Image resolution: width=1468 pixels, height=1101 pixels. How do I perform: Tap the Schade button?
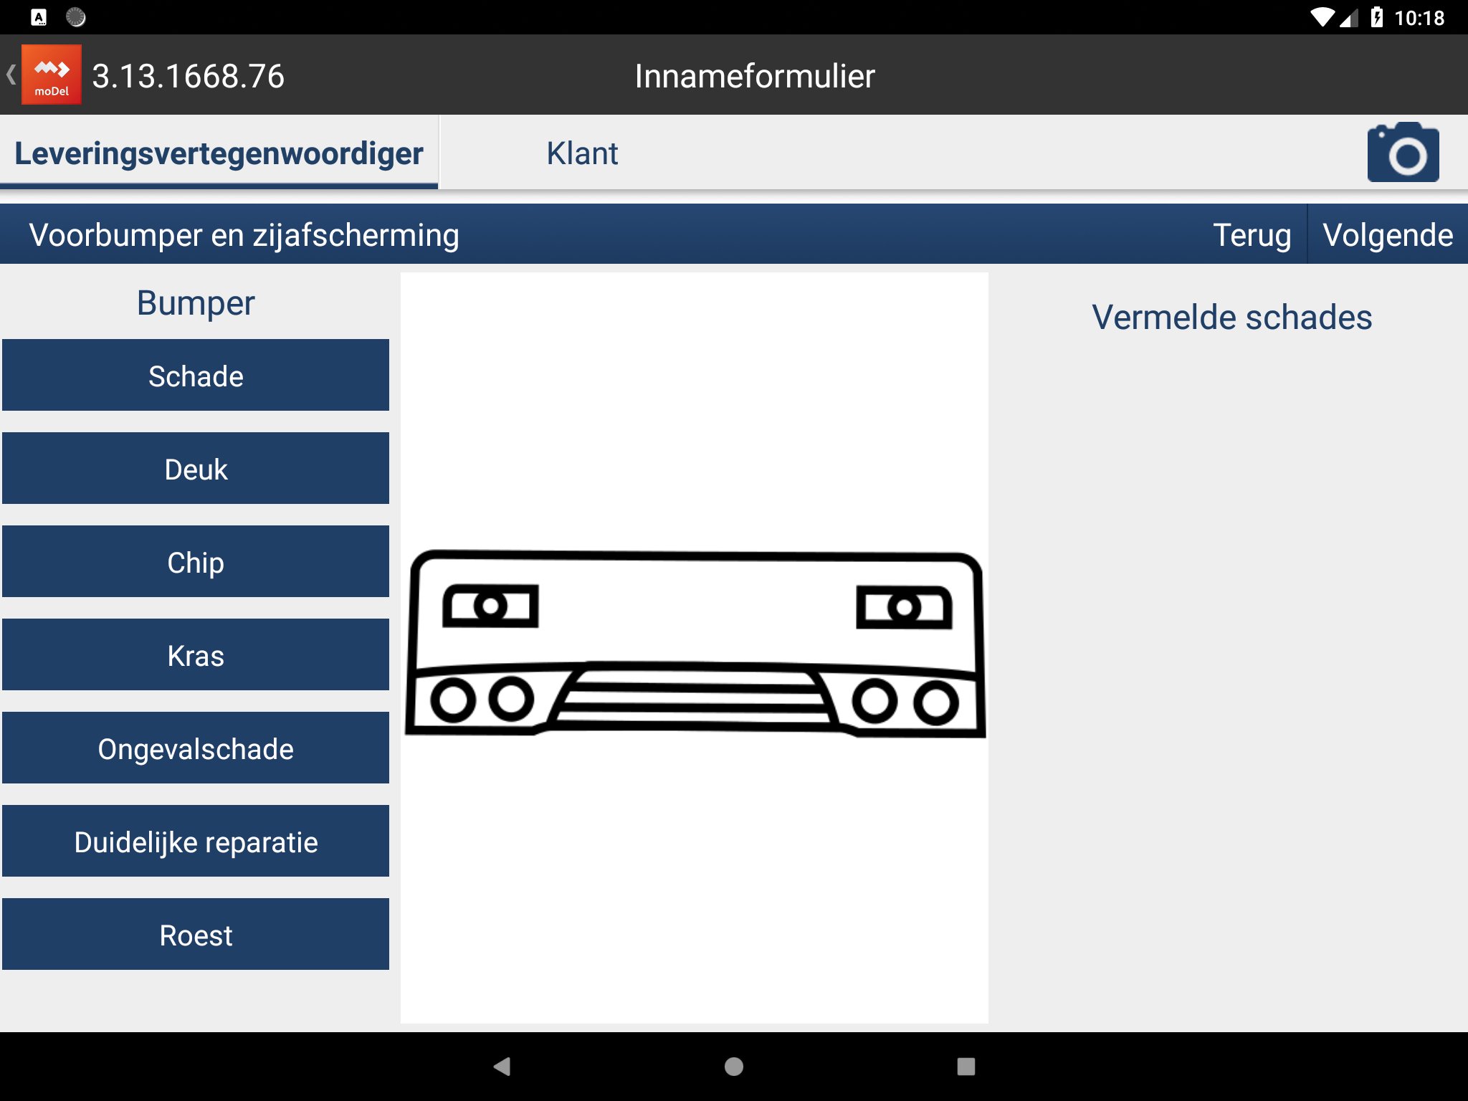(196, 375)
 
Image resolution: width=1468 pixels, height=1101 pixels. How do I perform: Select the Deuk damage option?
(196, 468)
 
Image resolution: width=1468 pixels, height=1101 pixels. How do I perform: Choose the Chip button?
(196, 561)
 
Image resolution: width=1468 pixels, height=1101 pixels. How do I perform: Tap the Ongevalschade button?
(196, 748)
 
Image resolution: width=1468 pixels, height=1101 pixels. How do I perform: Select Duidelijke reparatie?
(196, 841)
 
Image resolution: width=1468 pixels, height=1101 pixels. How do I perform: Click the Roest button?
(196, 934)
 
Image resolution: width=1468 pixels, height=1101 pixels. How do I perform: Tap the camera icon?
(1403, 152)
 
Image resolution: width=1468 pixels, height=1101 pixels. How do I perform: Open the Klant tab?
(582, 153)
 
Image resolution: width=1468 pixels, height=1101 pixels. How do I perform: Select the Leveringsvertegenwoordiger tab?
(219, 153)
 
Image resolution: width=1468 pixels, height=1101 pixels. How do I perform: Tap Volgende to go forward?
(1388, 235)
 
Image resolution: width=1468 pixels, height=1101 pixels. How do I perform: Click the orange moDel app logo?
(52, 75)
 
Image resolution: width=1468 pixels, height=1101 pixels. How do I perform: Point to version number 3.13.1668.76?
(189, 76)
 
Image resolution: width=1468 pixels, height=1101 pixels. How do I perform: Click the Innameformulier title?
(755, 76)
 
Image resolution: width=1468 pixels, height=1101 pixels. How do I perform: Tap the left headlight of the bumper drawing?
(490, 606)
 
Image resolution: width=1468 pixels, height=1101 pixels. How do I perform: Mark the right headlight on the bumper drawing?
(905, 608)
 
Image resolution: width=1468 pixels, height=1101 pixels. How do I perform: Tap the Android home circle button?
(734, 1067)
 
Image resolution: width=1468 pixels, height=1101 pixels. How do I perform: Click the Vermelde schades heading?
(1231, 318)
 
